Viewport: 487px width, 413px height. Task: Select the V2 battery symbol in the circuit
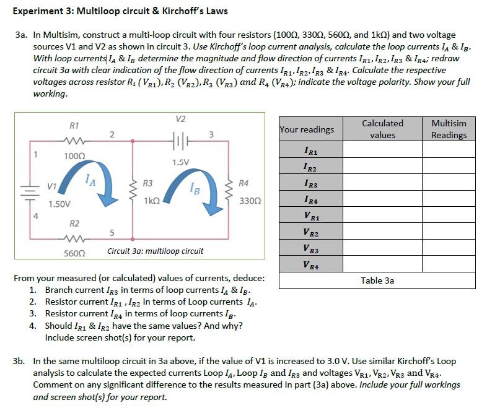(x=181, y=137)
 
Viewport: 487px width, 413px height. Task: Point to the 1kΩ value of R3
(x=152, y=201)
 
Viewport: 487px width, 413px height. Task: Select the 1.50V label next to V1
(x=59, y=204)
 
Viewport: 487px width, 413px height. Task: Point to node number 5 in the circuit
(x=111, y=233)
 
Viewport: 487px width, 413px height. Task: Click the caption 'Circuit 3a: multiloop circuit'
(x=155, y=251)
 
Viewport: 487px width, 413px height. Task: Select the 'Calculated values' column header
(x=382, y=129)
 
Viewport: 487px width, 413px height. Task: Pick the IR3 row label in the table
(x=312, y=184)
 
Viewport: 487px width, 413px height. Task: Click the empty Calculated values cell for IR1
(x=382, y=150)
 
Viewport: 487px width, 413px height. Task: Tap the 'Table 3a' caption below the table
(x=377, y=280)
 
